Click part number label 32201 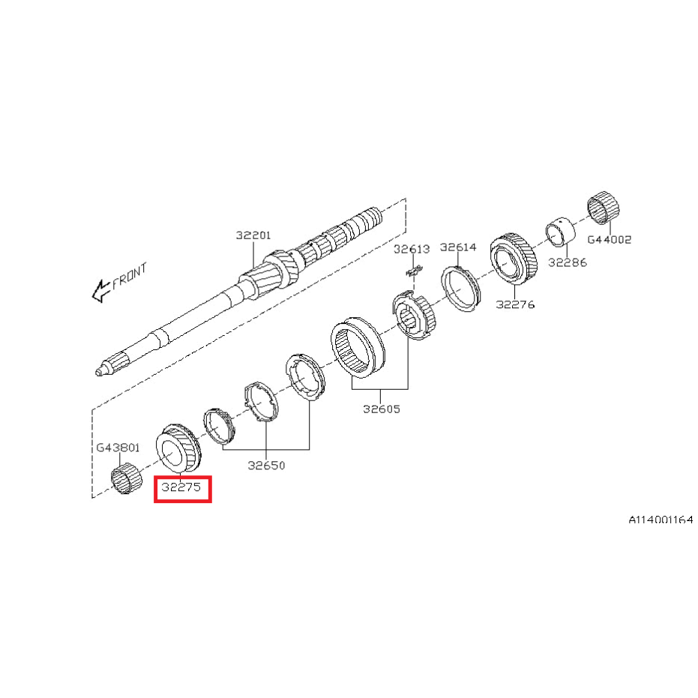253,235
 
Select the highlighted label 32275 181,487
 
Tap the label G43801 118,448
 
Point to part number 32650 266,466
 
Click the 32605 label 382,409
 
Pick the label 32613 412,249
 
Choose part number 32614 458,247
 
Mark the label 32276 515,304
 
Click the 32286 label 568,262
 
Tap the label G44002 610,239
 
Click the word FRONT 129,277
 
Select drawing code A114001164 661,520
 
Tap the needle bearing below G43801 125,478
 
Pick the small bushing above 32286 561,231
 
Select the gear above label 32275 178,448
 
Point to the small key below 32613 414,270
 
